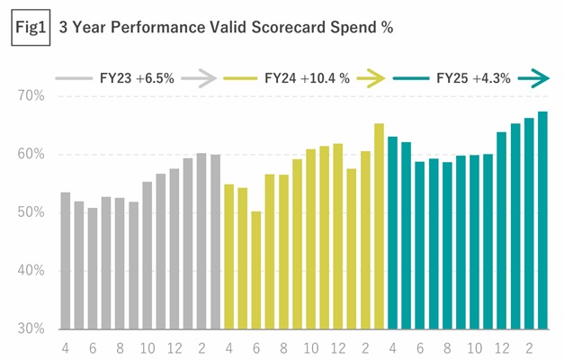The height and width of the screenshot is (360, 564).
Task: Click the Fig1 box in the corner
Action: (31, 27)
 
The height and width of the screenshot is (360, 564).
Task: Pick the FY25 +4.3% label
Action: (473, 78)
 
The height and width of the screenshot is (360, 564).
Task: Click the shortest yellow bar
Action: (255, 270)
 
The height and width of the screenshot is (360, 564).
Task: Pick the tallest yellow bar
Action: (378, 226)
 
